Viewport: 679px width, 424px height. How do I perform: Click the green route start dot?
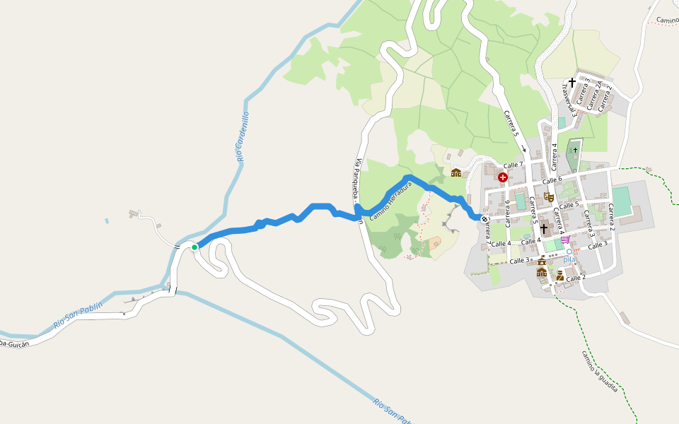pyautogui.click(x=194, y=247)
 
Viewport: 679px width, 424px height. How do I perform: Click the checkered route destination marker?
pyautogui.click(x=485, y=219)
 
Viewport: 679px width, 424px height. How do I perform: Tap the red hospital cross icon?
pyautogui.click(x=502, y=177)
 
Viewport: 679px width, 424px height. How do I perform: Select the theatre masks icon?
pyautogui.click(x=549, y=197)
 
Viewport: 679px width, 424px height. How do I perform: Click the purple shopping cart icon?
pyautogui.click(x=564, y=240)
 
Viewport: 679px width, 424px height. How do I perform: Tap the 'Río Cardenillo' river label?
pyautogui.click(x=243, y=136)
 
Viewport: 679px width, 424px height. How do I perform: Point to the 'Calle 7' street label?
pyautogui.click(x=513, y=165)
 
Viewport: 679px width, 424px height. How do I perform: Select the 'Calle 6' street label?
pyautogui.click(x=552, y=181)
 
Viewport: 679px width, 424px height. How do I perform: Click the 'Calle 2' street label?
pyautogui.click(x=576, y=278)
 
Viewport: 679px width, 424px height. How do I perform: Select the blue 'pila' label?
pyautogui.click(x=569, y=259)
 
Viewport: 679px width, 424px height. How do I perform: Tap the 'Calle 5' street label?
pyautogui.click(x=569, y=205)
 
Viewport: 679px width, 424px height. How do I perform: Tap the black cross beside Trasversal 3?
pyautogui.click(x=571, y=83)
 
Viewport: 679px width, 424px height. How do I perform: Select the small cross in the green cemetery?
pyautogui.click(x=575, y=150)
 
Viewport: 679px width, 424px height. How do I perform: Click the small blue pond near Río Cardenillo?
pyautogui.click(x=107, y=220)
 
